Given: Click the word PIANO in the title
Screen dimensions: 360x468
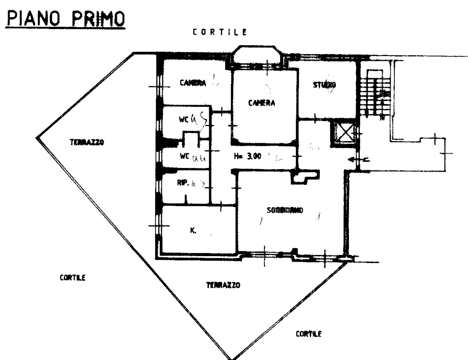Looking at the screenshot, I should tap(34, 18).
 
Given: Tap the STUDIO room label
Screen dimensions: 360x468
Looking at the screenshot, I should tap(324, 85).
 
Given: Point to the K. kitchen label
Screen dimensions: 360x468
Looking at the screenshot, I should tap(193, 231).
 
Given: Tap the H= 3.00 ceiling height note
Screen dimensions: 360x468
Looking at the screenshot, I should tap(249, 156).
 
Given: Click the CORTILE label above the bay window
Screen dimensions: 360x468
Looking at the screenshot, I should tap(219, 32).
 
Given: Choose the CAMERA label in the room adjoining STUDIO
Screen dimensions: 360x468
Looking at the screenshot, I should tap(262, 103).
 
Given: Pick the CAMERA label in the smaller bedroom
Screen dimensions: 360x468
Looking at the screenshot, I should tap(193, 83).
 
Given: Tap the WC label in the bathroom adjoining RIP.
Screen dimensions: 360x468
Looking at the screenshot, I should tap(185, 156).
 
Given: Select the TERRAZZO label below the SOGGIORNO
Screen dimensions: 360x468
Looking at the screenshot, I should tap(223, 285).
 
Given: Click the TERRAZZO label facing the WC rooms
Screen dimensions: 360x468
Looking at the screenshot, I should tap(87, 142).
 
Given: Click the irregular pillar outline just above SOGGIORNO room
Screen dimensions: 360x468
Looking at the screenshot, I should tap(306, 177).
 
